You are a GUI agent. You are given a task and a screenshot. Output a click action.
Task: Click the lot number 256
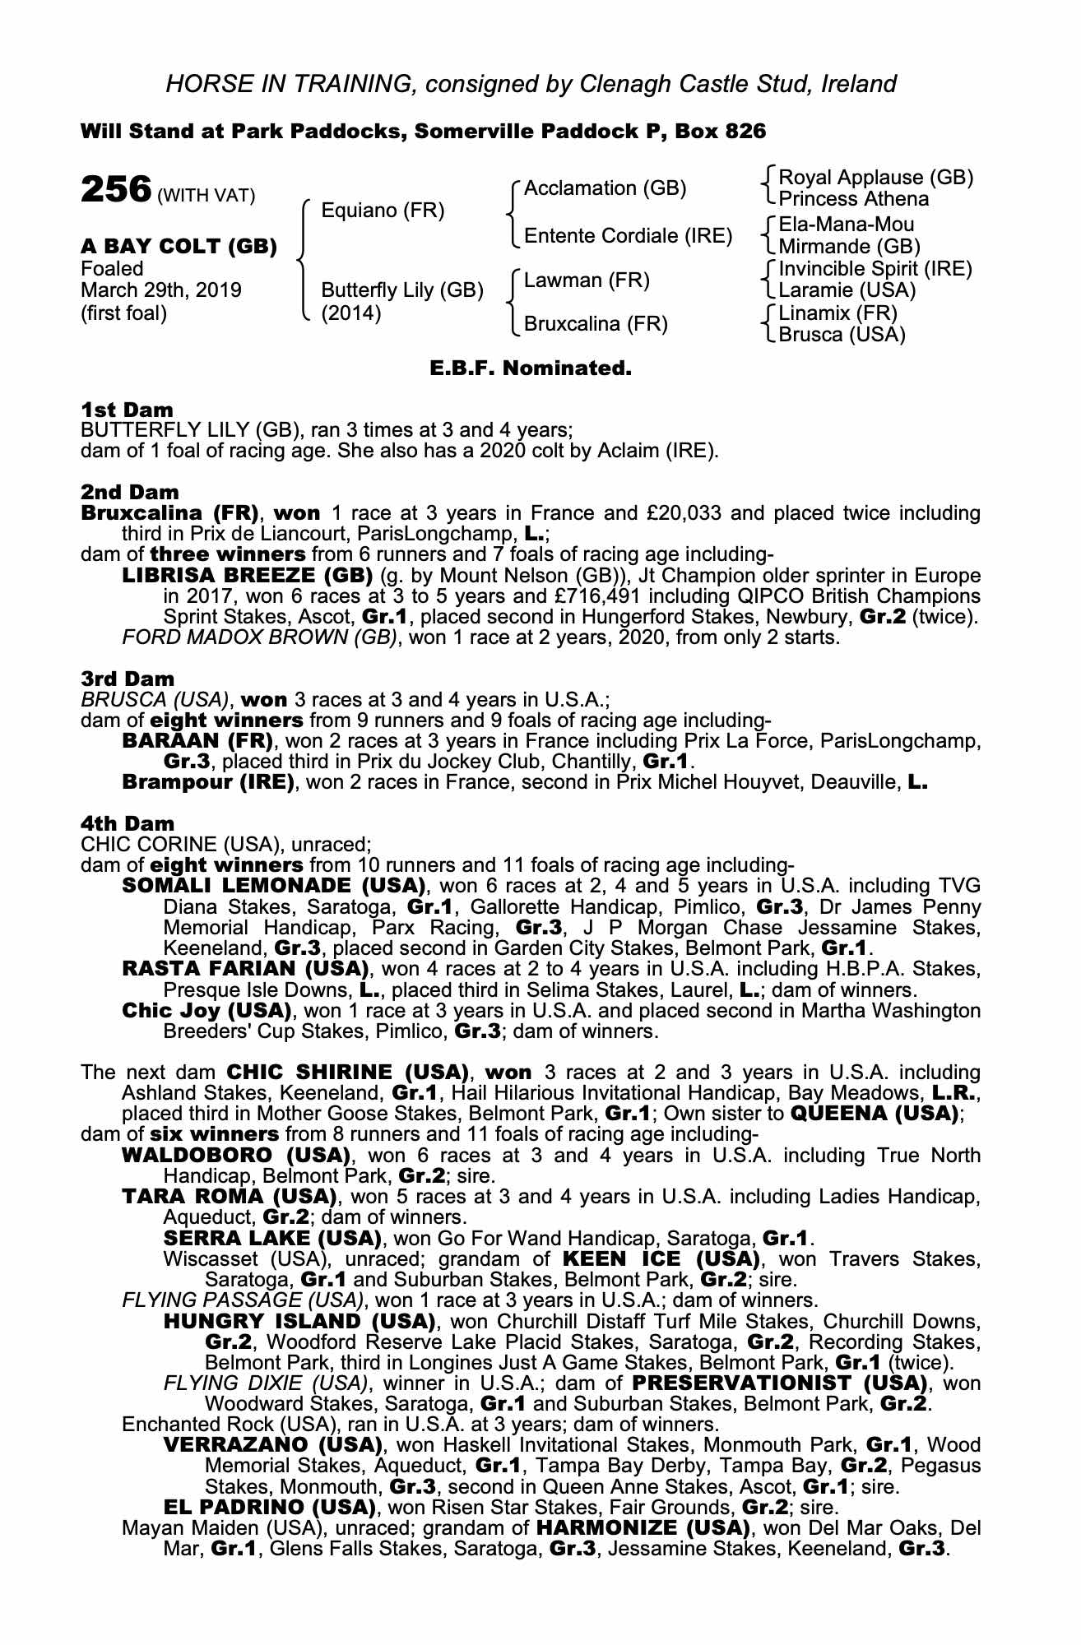pos(116,190)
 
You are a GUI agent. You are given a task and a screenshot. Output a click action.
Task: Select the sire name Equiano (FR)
pos(383,211)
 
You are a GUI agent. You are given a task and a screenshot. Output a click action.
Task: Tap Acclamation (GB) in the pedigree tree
pos(605,188)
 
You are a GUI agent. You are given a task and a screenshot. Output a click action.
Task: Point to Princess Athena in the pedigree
pos(853,199)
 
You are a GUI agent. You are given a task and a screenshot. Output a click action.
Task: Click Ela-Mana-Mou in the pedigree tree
pos(846,225)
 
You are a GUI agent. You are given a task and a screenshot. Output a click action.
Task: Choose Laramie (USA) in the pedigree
pos(847,290)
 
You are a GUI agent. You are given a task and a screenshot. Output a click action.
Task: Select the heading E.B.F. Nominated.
pos(531,368)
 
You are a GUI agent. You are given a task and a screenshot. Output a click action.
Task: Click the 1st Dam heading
pos(127,410)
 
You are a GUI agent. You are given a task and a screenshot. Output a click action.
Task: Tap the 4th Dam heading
pos(128,823)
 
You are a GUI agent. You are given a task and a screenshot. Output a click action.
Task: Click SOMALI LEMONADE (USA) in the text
pos(272,886)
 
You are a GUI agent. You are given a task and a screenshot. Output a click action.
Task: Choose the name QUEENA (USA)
pos(875,1114)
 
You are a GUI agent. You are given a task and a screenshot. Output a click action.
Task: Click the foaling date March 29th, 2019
pos(161,290)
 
